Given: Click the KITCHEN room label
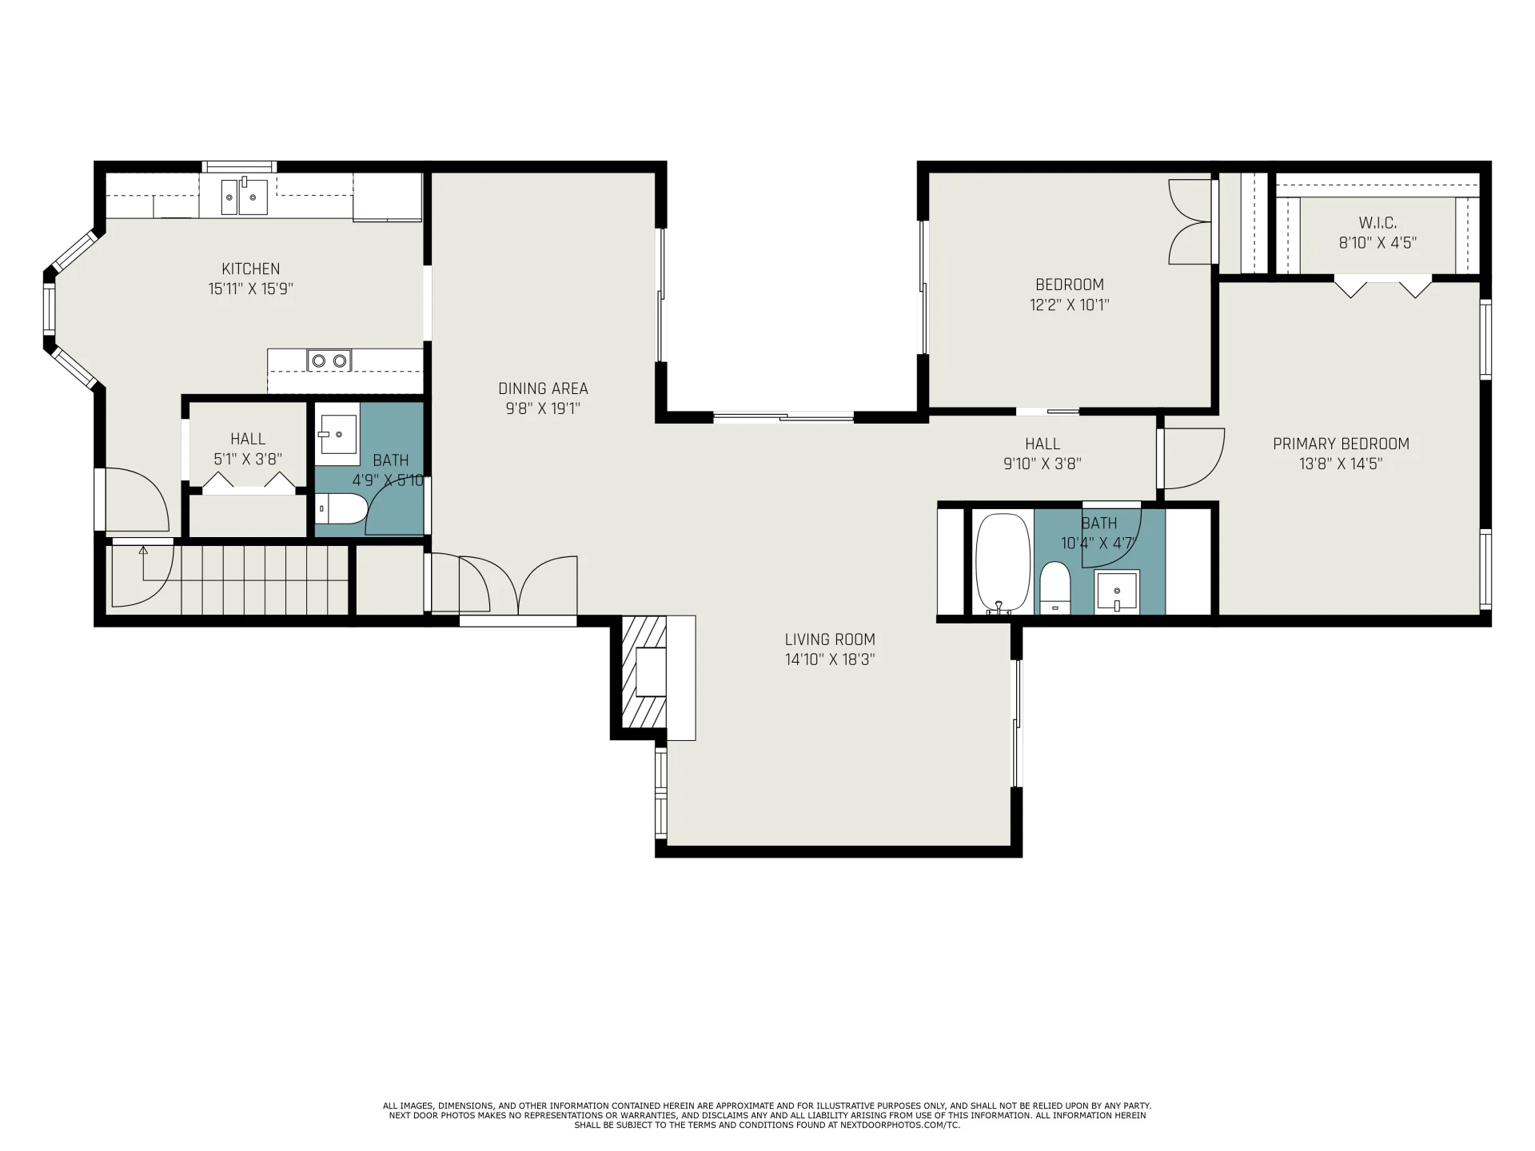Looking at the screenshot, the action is click(x=251, y=269).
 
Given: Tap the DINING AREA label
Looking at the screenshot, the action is click(x=543, y=388).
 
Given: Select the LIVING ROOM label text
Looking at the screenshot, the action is click(x=830, y=639).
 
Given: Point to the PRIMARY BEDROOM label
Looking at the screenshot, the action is click(x=1341, y=444).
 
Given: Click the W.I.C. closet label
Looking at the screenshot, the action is click(x=1378, y=223).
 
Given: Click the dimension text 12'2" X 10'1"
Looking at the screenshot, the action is click(x=1070, y=305).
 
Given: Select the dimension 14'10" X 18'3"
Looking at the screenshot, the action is click(x=830, y=659).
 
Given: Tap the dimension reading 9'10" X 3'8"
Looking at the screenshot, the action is click(x=1043, y=464).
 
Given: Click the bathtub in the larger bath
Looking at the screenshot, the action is click(x=1003, y=564).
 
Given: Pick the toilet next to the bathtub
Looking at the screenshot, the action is click(x=1055, y=587).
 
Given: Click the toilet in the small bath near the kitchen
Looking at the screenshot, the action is click(x=341, y=508).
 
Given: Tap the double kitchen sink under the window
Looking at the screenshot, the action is click(x=244, y=196).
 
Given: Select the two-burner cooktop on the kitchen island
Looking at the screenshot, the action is click(x=329, y=361).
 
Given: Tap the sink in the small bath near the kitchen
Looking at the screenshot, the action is click(x=338, y=434).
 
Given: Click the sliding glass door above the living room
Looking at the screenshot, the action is click(x=783, y=416).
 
